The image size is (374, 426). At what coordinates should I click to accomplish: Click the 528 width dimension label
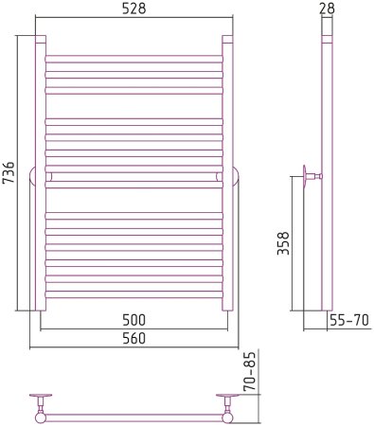click(134, 9)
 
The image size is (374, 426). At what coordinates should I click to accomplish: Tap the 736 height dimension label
click(9, 172)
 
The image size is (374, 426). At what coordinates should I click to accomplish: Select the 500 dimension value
click(134, 320)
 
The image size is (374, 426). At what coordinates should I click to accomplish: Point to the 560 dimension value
click(134, 338)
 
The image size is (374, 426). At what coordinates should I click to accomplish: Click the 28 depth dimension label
click(327, 9)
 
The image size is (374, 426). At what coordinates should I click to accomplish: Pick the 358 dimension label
click(283, 243)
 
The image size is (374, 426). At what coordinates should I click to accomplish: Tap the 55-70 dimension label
click(349, 321)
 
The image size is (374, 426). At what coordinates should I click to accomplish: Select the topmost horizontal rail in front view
click(134, 59)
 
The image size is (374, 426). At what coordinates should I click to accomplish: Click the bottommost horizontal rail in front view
click(134, 294)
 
